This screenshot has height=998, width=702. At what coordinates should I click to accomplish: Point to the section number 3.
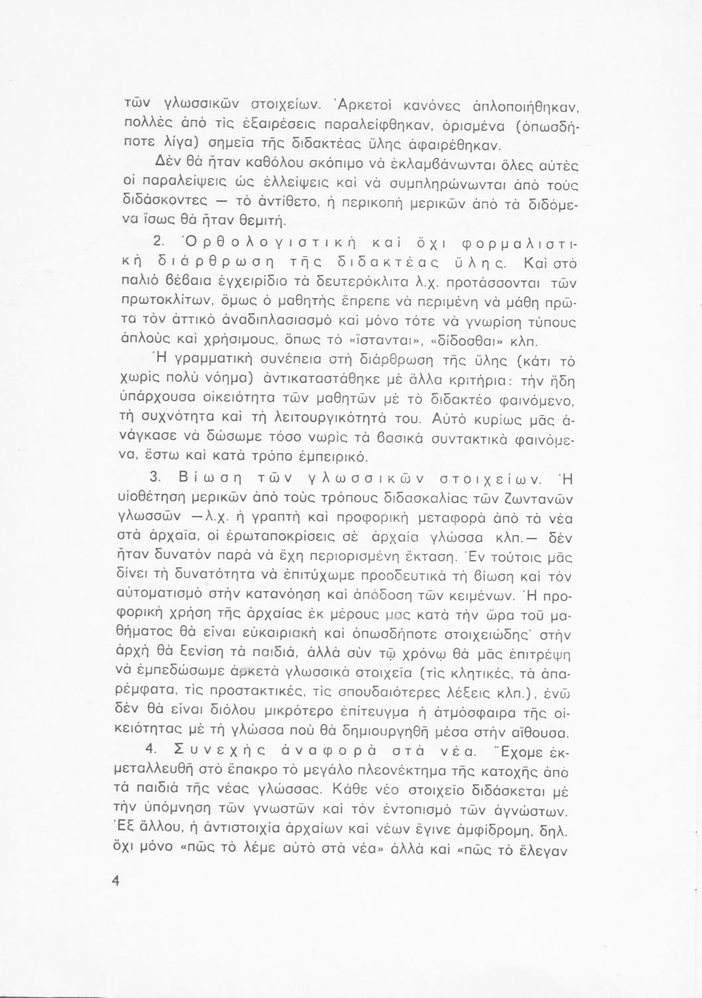click(x=154, y=480)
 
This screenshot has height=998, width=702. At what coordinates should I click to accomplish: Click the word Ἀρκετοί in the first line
click(x=364, y=104)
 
